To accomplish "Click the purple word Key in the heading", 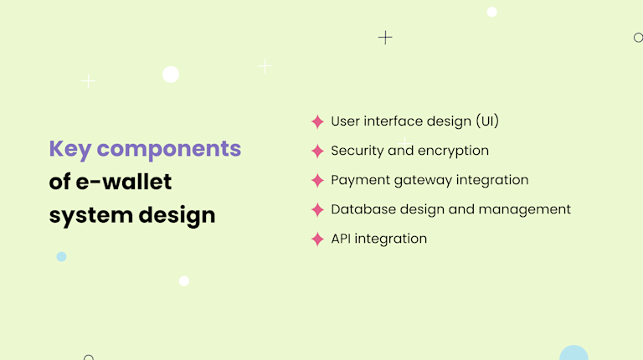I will tap(69, 149).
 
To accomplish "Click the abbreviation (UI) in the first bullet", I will tap(487, 121).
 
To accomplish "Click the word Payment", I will tap(358, 180).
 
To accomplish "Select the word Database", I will tap(361, 209).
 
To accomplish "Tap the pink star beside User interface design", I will tap(317, 122).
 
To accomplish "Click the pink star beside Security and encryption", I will tap(317, 152).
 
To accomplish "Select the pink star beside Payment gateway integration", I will tap(317, 181).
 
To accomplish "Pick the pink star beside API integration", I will tap(317, 239).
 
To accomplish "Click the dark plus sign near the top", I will tap(385, 37).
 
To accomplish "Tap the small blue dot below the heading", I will tap(61, 256).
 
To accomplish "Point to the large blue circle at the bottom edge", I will tap(574, 354).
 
